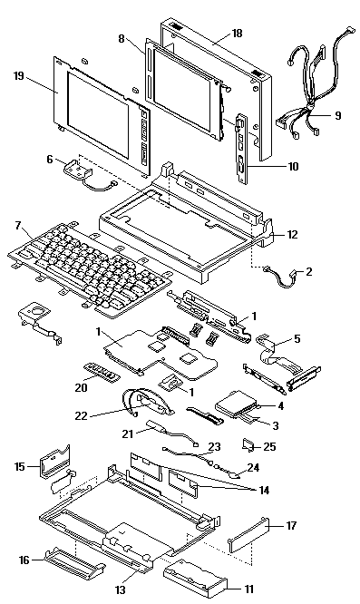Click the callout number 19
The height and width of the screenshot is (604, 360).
point(19,76)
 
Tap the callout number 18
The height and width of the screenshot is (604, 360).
point(238,34)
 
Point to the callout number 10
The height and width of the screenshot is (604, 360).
point(293,166)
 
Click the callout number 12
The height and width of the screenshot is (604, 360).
point(293,234)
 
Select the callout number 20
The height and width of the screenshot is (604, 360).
point(81,387)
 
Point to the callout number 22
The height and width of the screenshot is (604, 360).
point(82,415)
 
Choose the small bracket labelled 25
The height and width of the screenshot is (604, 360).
point(248,445)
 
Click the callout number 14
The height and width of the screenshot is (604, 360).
point(264,490)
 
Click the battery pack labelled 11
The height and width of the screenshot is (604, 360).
point(195,576)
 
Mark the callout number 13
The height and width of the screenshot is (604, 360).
point(121,589)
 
